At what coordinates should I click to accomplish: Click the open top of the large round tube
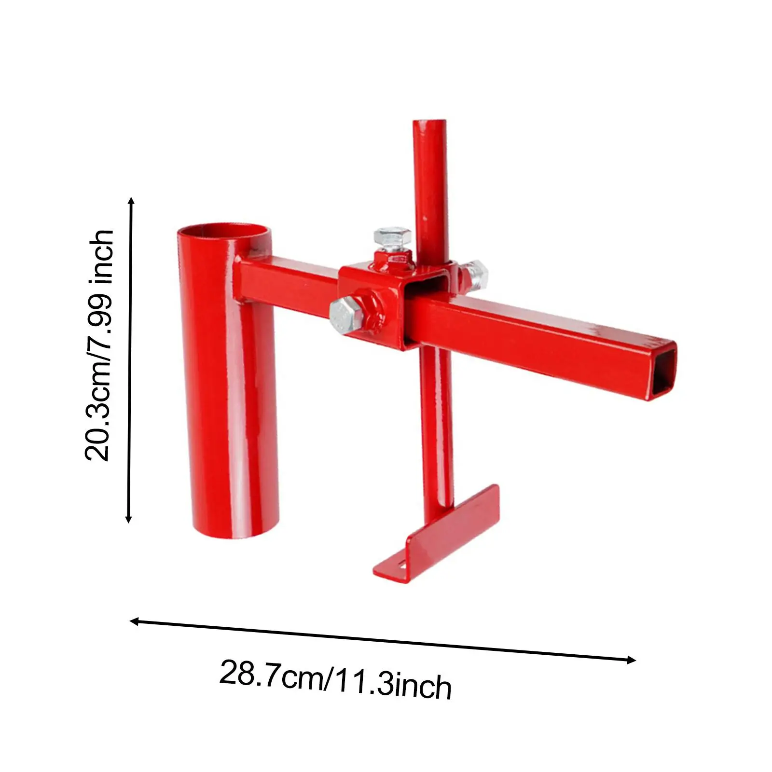coord(223,230)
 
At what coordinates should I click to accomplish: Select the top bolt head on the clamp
coord(393,238)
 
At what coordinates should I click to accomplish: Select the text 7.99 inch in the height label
coord(99,285)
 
